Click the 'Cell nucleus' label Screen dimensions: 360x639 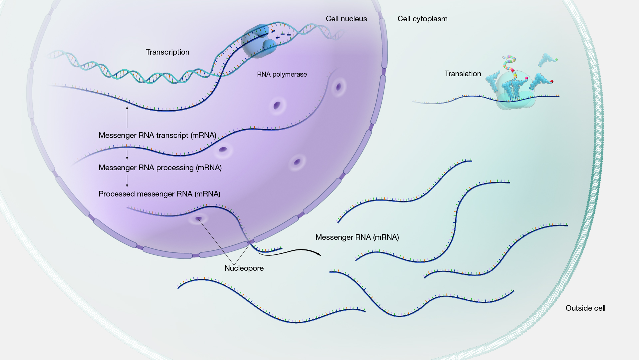[x=346, y=19]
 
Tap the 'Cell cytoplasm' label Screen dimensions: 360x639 [x=422, y=19]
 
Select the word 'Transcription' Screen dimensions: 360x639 [x=167, y=52]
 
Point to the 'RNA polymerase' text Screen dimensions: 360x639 [x=282, y=74]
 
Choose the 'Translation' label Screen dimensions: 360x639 [x=463, y=74]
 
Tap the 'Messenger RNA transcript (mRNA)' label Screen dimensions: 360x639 [x=157, y=135]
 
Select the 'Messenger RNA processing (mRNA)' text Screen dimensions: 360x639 [x=160, y=168]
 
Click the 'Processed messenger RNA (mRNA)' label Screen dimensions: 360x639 [x=159, y=194]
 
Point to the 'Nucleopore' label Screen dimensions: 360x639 [x=244, y=268]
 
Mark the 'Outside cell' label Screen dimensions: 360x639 [x=585, y=308]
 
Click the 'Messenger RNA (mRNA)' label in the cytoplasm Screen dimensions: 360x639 [x=357, y=237]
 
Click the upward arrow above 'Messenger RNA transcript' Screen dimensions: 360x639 [x=127, y=117]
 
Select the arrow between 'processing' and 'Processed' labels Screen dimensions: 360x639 [x=127, y=181]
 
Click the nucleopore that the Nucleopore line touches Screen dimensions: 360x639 [x=198, y=219]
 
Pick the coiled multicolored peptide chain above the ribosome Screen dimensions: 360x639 [x=509, y=63]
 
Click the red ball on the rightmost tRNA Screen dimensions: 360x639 [x=551, y=82]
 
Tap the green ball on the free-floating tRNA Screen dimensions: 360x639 [x=556, y=60]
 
